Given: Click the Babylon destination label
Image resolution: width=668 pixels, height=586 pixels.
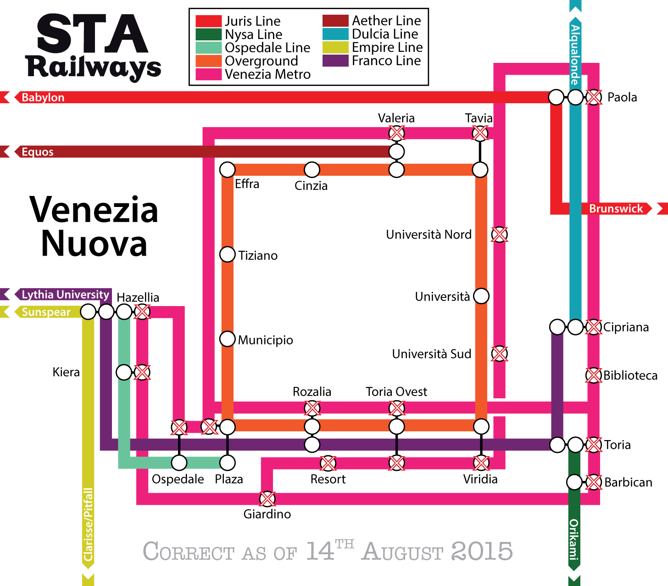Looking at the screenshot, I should pyautogui.click(x=43, y=97).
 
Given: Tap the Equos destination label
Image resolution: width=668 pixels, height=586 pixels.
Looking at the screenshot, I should pyautogui.click(x=37, y=152).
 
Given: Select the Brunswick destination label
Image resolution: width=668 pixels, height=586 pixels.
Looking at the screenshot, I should pyautogui.click(x=616, y=209).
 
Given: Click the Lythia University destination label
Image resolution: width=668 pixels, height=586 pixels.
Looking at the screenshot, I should pyautogui.click(x=65, y=295).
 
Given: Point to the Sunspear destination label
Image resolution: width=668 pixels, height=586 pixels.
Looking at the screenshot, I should pyautogui.click(x=46, y=312).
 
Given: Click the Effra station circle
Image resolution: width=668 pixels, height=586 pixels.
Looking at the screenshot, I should pyautogui.click(x=228, y=170).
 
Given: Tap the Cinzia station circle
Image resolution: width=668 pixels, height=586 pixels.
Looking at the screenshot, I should pyautogui.click(x=312, y=170).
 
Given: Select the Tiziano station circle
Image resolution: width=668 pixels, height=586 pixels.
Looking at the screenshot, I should pyautogui.click(x=228, y=254).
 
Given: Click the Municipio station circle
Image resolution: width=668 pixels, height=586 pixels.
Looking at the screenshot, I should pyautogui.click(x=228, y=339).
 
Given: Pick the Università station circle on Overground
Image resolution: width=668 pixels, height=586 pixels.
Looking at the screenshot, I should pyautogui.click(x=481, y=296).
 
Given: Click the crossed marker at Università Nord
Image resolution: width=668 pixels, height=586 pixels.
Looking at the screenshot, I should pyautogui.click(x=499, y=234).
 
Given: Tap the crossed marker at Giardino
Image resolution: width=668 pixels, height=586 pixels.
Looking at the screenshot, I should pyautogui.click(x=267, y=498).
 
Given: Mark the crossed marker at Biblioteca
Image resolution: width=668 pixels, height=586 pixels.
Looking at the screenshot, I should pyautogui.click(x=594, y=375).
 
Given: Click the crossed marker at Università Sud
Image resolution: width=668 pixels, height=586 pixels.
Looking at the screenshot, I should pyautogui.click(x=499, y=354).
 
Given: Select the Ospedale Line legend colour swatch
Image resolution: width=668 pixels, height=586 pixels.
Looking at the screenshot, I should pyautogui.click(x=209, y=48).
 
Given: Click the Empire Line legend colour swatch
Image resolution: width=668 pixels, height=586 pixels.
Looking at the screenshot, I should pyautogui.click(x=335, y=47).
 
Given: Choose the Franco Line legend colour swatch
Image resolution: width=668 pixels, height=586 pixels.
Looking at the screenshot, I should pyautogui.click(x=335, y=61).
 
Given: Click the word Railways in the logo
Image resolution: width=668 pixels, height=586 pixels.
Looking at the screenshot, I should pyautogui.click(x=94, y=67).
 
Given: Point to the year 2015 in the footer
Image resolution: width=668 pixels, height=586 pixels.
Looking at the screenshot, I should pyautogui.click(x=482, y=551).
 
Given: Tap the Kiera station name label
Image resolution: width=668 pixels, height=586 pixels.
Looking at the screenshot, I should pyautogui.click(x=66, y=372).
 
